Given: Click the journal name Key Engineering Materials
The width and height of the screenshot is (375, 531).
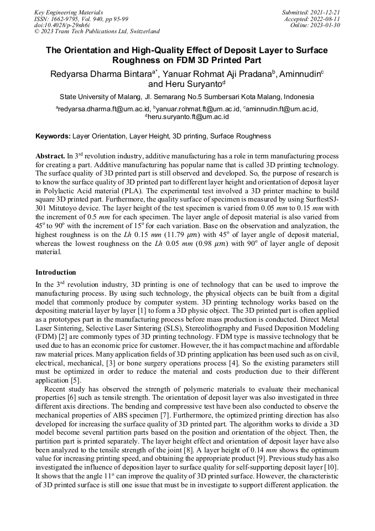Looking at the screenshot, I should pyautogui.click(x=69, y=12).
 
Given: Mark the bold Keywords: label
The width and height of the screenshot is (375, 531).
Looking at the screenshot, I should pyautogui.click(x=53, y=136).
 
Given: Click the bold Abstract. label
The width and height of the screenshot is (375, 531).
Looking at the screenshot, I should pyautogui.click(x=50, y=156).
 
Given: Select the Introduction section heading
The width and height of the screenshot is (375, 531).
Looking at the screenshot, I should pyautogui.click(x=56, y=272).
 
